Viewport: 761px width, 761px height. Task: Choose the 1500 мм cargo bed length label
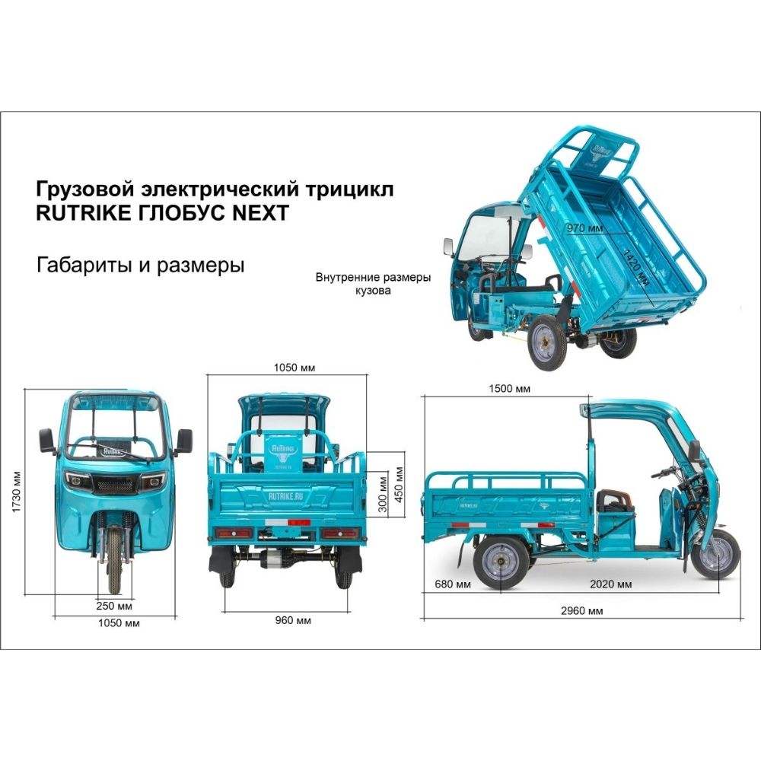tap(508, 388)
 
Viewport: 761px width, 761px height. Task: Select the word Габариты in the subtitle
tap(78, 266)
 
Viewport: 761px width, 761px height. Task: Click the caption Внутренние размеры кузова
tap(373, 284)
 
